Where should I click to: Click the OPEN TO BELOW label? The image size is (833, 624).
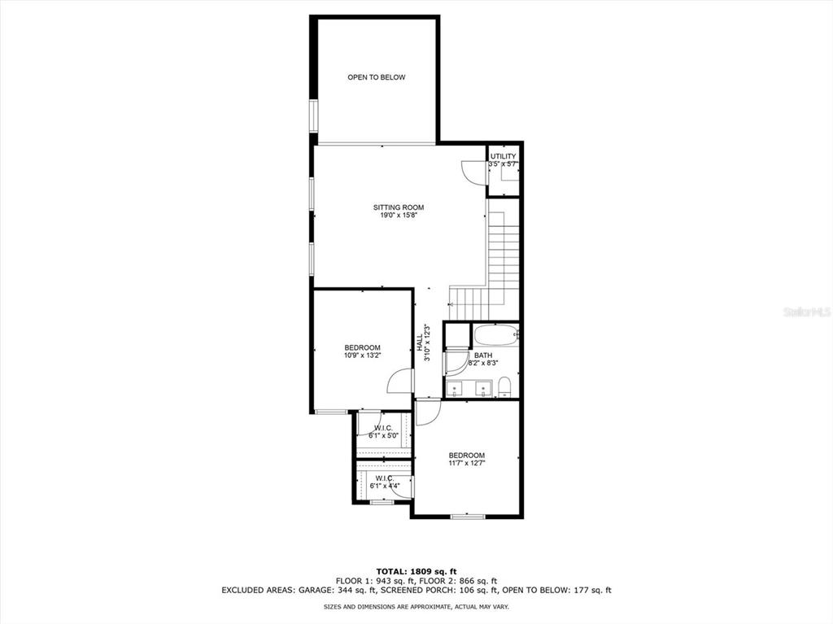pos(376,77)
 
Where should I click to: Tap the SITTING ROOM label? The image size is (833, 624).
pos(399,207)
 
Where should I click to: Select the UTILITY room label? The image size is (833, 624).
pos(503,156)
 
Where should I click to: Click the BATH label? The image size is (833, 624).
pos(483,355)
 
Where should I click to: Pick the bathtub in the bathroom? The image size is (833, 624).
pos(495,336)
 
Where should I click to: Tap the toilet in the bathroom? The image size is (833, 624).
pos(504,387)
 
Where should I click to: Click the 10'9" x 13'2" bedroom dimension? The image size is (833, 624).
pos(362,355)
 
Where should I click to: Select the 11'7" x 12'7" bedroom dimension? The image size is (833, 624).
pos(466,463)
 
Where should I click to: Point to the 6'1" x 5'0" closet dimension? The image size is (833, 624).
pos(384,435)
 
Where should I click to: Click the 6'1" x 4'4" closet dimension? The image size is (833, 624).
pos(385,485)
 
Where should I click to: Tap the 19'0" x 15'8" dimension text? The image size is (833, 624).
pos(399,216)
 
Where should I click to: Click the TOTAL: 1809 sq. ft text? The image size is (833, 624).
pos(416,572)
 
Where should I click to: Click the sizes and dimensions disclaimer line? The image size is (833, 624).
pos(416,606)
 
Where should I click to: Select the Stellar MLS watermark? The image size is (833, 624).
pos(806,312)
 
